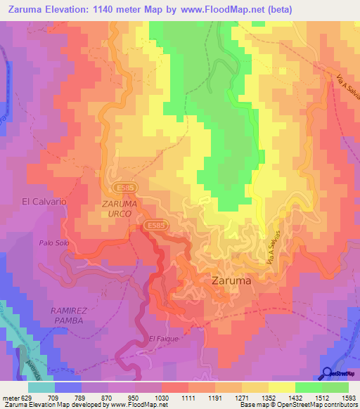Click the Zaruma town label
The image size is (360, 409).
coord(231,280)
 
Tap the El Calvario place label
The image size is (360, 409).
coord(44,201)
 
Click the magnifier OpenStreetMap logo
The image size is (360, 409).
coord(328,374)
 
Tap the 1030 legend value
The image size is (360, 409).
coord(161,397)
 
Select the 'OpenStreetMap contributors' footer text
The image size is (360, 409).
coord(320,405)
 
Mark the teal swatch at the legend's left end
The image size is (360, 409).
coord(41,387)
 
